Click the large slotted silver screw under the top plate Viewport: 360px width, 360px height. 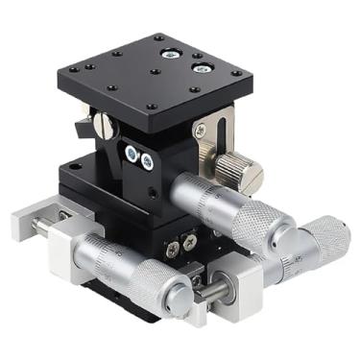tap(103, 125)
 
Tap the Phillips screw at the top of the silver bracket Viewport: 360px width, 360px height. tap(200, 130)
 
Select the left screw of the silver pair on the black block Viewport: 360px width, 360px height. tap(131, 154)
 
